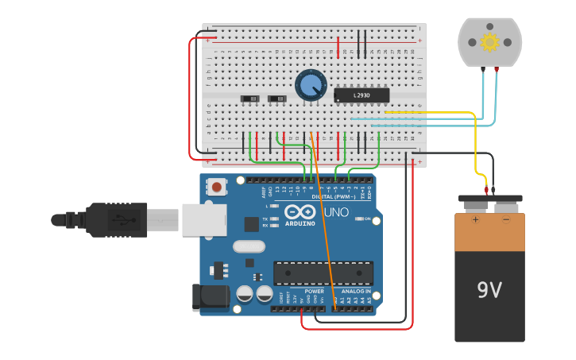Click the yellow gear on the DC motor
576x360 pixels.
coord(489,42)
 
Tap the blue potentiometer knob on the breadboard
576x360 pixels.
coord(310,85)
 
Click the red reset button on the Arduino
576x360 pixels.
coord(216,188)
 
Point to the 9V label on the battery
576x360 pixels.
coord(489,290)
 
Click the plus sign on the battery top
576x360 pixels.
coord(476,219)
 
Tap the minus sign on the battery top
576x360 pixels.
coord(506,219)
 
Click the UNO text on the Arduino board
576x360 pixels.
coord(335,213)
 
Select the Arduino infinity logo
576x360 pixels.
coord(300,212)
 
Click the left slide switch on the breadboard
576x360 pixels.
coord(249,99)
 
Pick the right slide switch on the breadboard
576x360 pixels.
coord(276,99)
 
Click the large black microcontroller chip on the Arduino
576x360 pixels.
coord(323,273)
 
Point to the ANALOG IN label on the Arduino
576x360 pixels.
coord(355,291)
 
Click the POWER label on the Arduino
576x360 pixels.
coord(314,291)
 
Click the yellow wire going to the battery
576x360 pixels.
coord(476,151)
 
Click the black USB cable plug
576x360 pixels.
coord(119,220)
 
